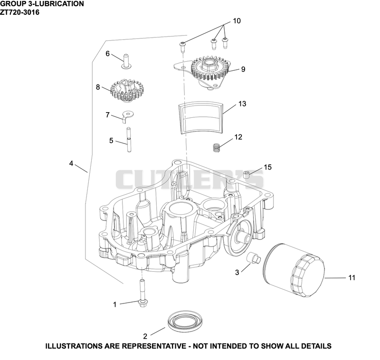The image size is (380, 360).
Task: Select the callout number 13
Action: tap(242, 104)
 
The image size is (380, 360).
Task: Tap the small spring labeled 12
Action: tap(217, 148)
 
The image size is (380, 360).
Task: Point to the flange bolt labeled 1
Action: tap(142, 294)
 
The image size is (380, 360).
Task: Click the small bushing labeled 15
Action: tap(247, 173)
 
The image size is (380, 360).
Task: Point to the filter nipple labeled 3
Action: tap(253, 257)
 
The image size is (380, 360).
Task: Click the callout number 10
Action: tap(237, 21)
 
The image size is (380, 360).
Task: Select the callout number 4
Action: tap(71, 163)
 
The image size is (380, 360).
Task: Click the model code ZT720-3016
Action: tap(19, 12)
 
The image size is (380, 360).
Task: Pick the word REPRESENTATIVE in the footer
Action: tap(153, 346)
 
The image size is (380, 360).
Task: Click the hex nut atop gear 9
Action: tap(208, 64)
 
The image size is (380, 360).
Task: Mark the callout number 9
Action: tap(243, 69)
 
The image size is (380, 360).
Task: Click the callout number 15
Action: tap(267, 167)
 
